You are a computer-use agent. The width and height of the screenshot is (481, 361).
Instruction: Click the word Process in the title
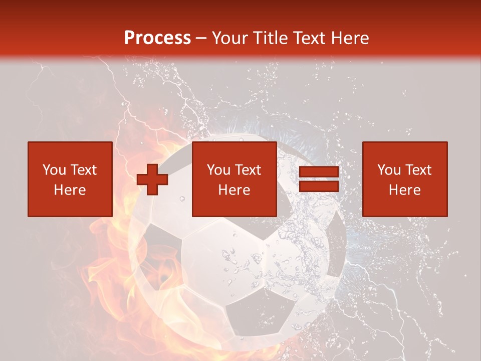coord(157,38)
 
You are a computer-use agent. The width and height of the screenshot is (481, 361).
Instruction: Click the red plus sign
coord(152,179)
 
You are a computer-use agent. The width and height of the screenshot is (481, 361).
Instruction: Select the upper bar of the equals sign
coord(319,172)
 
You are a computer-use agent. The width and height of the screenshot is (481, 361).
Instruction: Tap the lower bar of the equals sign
coord(319,187)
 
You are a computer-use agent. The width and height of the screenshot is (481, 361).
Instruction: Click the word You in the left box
coord(54,170)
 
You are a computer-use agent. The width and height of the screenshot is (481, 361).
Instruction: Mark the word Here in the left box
coord(70,190)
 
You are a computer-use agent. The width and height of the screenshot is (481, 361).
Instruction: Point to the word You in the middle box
coord(218,170)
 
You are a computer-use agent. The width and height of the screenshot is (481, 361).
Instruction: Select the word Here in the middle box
coord(234,190)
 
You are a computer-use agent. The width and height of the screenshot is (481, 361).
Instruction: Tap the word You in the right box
coord(389,170)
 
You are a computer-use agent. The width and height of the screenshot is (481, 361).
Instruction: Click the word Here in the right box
coord(404,190)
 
